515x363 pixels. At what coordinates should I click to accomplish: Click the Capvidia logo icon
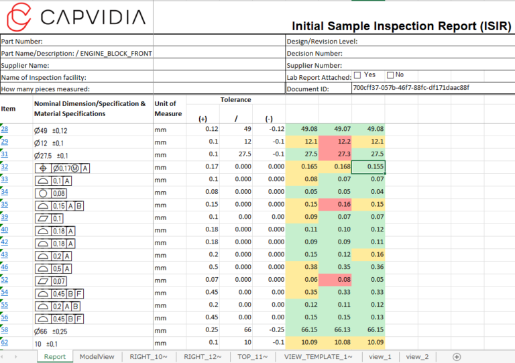(17, 16)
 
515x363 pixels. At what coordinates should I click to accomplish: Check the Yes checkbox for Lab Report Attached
(357, 75)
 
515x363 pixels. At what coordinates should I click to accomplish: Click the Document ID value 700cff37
(411, 87)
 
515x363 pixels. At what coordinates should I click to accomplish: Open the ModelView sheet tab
(97, 356)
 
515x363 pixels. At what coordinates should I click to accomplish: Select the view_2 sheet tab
(416, 356)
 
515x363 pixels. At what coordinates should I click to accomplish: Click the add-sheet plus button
(457, 356)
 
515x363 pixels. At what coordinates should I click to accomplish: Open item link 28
(5, 129)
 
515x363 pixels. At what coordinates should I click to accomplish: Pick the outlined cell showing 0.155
(367, 167)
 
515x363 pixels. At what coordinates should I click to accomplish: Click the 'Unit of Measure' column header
(166, 109)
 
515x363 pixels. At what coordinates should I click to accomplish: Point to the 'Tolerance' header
(235, 100)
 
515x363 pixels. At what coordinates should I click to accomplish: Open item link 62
(5, 342)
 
